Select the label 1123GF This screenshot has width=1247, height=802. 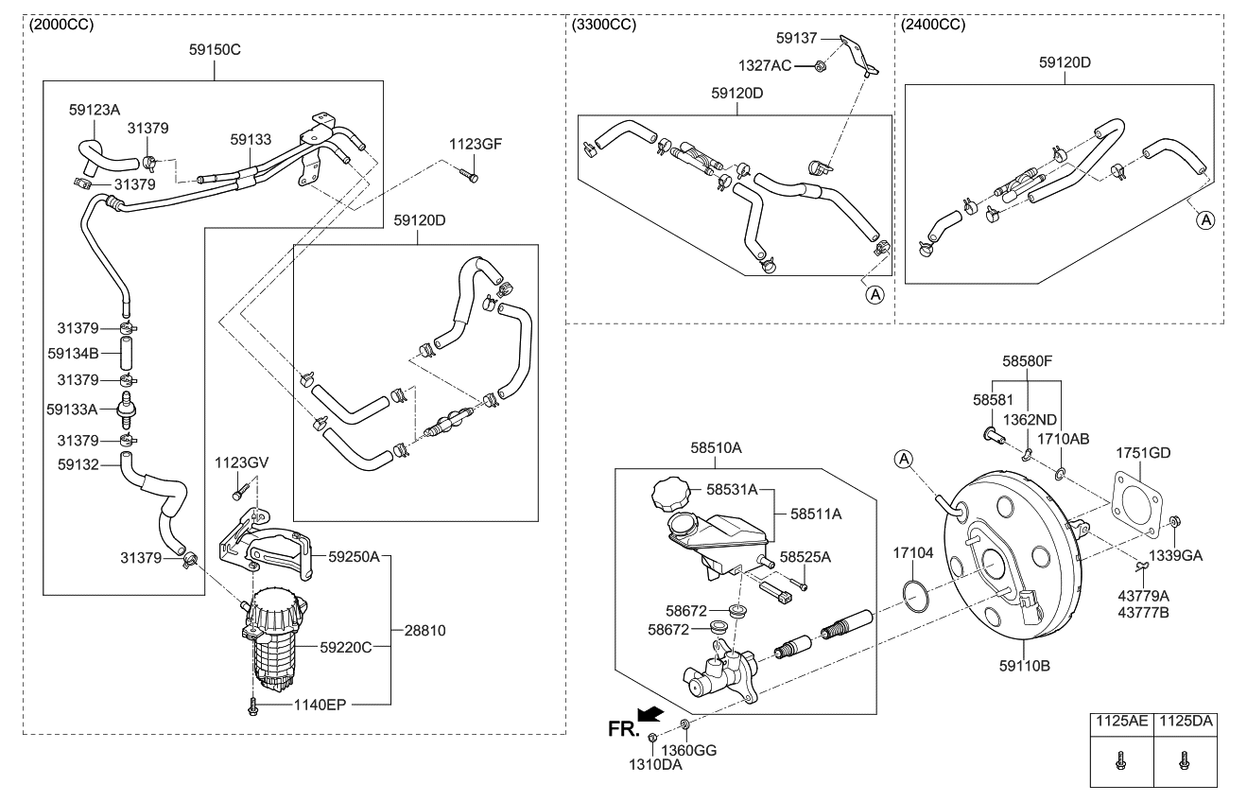click(x=476, y=144)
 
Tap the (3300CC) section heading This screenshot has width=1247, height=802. click(x=604, y=25)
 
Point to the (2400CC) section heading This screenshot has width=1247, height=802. click(x=933, y=25)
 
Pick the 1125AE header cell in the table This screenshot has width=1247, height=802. click(x=1121, y=722)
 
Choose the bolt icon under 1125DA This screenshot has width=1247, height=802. click(x=1185, y=758)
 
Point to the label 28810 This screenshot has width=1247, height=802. click(x=425, y=629)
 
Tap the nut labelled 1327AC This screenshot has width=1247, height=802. click(x=820, y=65)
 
